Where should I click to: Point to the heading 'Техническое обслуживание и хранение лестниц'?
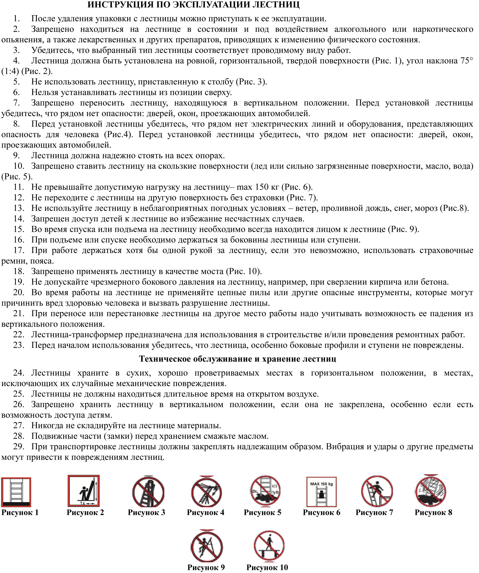pos(237,359)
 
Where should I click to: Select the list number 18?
pos(19,271)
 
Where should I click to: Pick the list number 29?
pos(19,447)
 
